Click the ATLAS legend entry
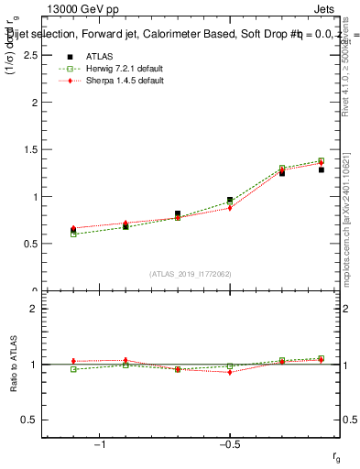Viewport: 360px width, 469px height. [98, 56]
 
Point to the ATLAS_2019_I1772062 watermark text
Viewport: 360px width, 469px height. [191, 274]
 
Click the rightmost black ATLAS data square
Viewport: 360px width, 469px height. [322, 169]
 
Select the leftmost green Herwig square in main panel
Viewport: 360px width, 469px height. [73, 234]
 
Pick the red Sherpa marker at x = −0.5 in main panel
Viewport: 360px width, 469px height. [230, 208]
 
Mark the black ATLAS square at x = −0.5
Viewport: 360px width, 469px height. [230, 200]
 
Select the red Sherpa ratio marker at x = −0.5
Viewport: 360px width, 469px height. [230, 372]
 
